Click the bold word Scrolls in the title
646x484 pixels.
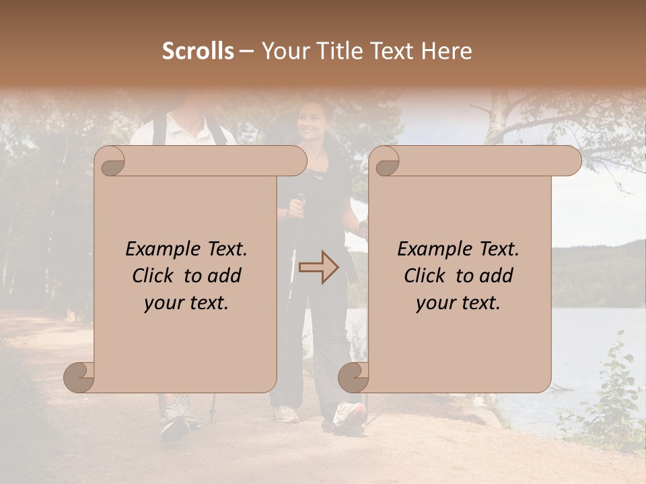click(199, 51)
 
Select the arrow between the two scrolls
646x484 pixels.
click(319, 268)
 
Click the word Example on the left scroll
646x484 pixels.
click(155, 249)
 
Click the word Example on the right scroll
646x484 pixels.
click(427, 249)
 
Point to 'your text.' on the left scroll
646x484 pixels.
click(186, 302)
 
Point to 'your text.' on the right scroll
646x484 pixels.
click(458, 302)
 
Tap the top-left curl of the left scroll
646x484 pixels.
click(112, 161)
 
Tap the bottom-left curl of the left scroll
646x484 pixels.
click(79, 377)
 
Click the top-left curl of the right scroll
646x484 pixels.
click(386, 161)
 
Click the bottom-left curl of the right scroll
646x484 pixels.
click(353, 377)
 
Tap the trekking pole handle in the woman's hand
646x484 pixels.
click(298, 202)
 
